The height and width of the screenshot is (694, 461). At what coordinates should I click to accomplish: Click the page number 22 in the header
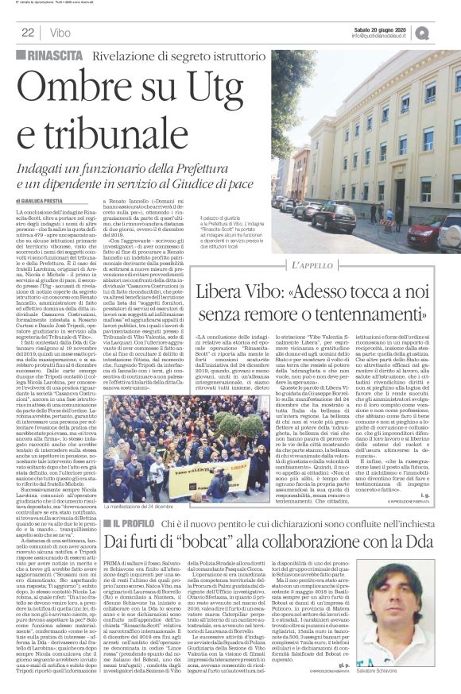(x=27, y=33)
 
